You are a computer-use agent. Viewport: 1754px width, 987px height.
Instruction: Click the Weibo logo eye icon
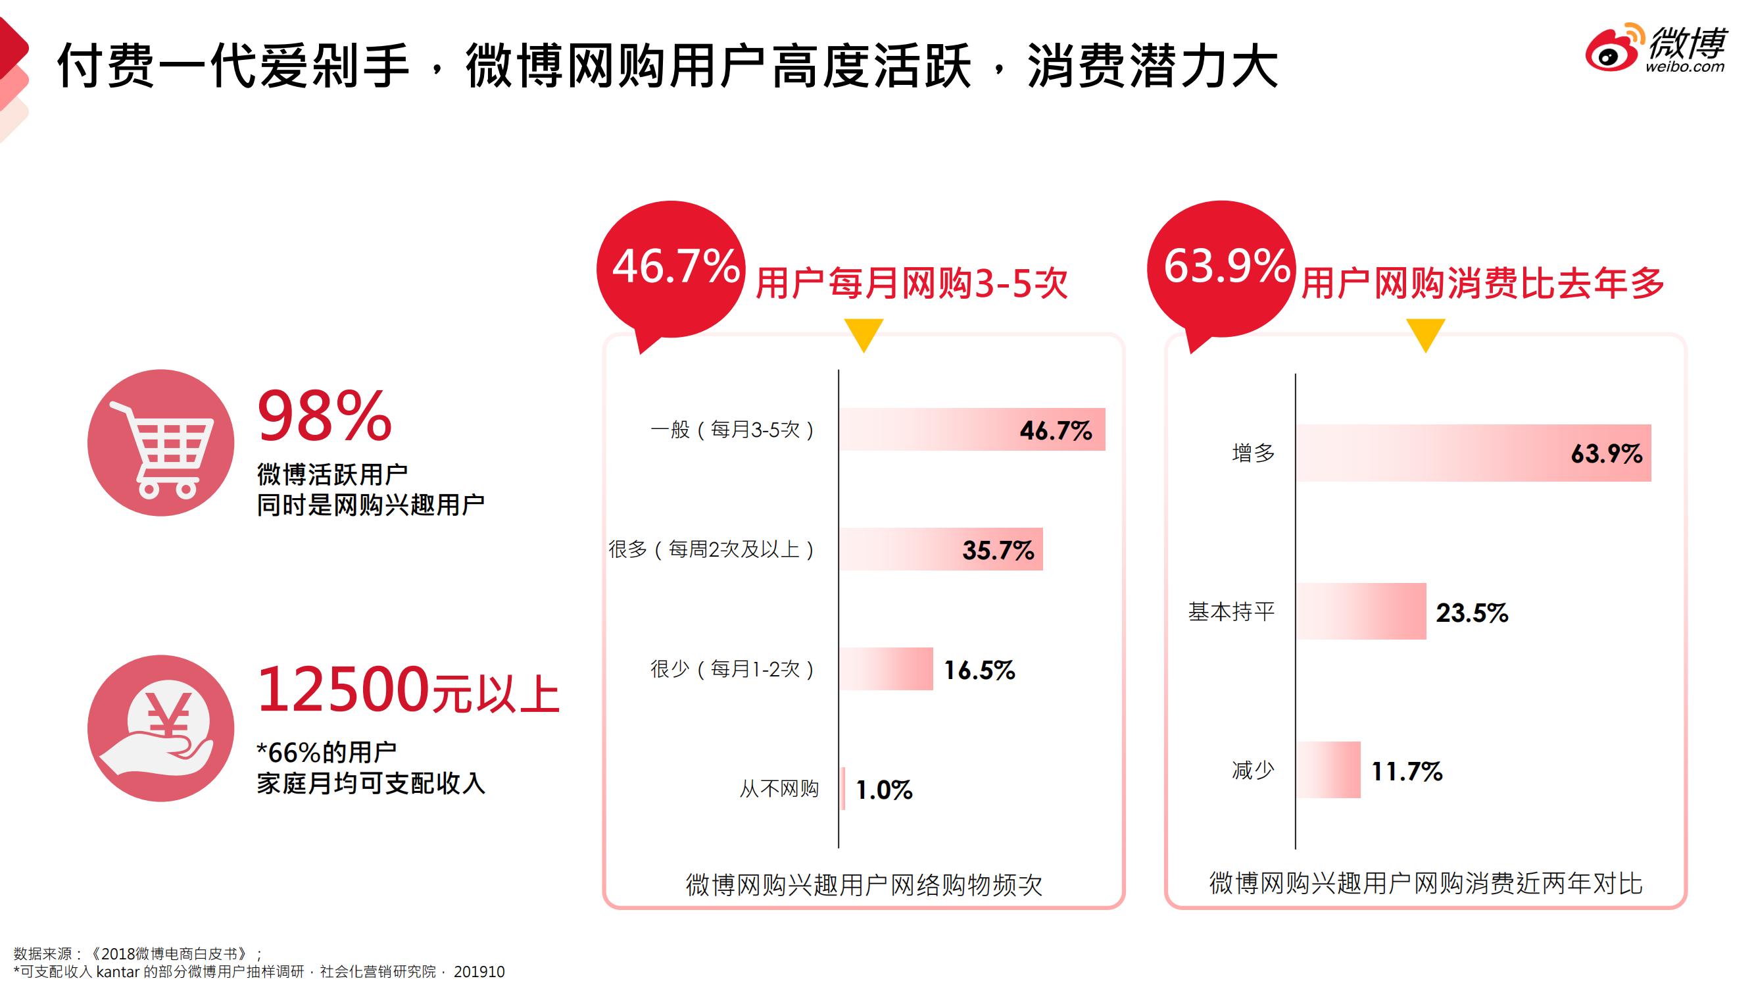[1611, 52]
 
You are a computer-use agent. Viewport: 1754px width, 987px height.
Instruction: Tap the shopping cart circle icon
[160, 443]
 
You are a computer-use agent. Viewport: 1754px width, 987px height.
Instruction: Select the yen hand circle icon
[160, 728]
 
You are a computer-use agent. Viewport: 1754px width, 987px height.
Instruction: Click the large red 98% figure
[325, 417]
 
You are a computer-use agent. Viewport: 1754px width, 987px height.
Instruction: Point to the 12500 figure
[343, 690]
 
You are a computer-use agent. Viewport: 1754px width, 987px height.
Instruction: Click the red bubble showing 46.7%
[671, 268]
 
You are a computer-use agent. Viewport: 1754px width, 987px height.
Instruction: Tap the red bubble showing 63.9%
[1222, 268]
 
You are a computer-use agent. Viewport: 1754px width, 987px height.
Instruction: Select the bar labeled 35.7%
[940, 549]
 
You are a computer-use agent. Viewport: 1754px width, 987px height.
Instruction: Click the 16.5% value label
[979, 671]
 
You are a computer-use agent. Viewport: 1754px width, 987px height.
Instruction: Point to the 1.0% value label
[884, 790]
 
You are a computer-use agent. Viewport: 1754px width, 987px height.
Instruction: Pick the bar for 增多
[1473, 453]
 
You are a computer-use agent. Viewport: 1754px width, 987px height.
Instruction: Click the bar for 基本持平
[1361, 611]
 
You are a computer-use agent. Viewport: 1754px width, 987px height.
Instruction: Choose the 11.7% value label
[1407, 771]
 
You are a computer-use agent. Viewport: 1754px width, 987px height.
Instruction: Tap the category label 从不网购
[779, 789]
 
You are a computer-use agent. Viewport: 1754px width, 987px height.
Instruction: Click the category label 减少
[1253, 771]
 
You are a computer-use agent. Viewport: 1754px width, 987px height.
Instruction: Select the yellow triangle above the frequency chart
[864, 333]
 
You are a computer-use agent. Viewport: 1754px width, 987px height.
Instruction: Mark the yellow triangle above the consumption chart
[1425, 333]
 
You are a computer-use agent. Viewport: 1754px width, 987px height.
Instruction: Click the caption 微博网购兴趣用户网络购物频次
[864, 884]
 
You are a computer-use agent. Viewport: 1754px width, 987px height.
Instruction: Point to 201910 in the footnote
[479, 971]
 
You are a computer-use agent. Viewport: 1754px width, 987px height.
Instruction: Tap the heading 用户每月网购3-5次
[912, 284]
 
